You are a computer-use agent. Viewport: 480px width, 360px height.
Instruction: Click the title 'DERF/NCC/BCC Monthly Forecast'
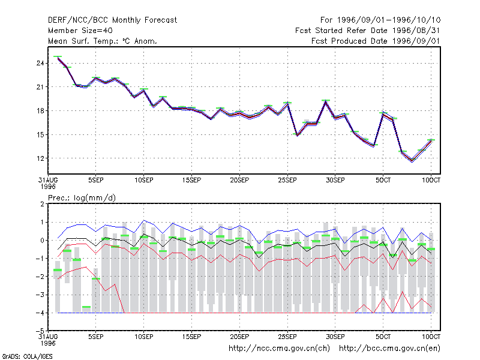(112, 20)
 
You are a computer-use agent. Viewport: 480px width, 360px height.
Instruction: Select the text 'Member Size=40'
(80, 31)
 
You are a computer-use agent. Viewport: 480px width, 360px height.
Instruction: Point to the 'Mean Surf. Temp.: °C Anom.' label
(103, 41)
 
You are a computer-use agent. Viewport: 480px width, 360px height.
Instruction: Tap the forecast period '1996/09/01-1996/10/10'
(389, 20)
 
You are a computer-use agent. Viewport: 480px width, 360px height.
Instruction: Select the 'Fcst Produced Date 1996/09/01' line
(376, 41)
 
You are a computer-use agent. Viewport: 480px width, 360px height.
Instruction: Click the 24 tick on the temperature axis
(40, 64)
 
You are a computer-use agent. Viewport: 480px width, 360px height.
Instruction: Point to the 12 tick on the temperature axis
(40, 158)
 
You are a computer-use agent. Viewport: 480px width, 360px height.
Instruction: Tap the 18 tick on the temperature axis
(40, 111)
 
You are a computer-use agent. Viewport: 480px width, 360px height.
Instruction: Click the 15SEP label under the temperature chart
(191, 181)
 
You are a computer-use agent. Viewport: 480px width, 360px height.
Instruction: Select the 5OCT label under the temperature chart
(383, 181)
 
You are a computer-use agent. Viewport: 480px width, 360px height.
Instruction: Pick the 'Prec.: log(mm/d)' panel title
(82, 198)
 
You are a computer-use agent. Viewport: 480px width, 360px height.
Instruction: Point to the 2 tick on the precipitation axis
(42, 204)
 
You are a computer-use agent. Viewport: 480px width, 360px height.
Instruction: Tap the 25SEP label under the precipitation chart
(287, 337)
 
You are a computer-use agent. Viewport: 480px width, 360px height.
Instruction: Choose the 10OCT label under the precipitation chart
(431, 337)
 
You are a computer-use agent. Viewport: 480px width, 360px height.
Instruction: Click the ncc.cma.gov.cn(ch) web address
(279, 349)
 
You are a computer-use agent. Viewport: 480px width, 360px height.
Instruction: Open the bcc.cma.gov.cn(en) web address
(389, 349)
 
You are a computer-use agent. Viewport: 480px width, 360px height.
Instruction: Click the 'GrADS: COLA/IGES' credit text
(27, 356)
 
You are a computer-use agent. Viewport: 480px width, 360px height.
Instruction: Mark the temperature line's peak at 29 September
(326, 101)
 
